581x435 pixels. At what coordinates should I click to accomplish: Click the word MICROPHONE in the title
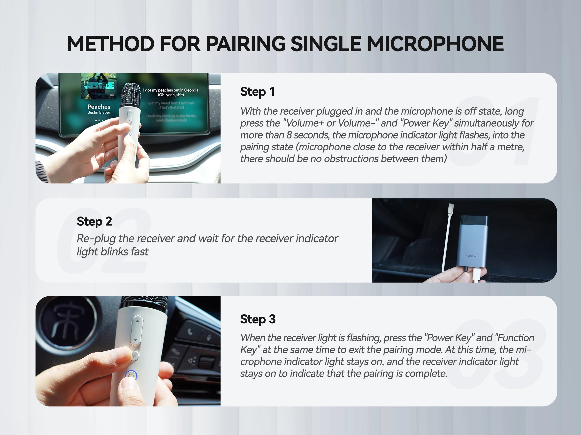[435, 44]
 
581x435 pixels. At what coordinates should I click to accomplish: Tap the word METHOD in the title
[111, 44]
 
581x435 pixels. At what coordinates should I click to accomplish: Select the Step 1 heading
[257, 92]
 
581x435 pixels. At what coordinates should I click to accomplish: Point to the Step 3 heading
[258, 319]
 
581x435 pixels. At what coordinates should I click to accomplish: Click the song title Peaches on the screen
[99, 107]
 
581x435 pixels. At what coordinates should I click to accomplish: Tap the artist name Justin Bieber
[99, 112]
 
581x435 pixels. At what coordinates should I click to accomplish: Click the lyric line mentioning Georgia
[171, 90]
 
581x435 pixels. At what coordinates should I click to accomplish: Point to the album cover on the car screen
[99, 86]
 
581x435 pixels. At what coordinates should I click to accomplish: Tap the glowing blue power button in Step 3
[131, 376]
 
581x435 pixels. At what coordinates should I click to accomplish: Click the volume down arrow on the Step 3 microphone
[136, 340]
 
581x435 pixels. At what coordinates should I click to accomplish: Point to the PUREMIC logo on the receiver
[471, 256]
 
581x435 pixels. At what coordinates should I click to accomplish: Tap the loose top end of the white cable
[451, 207]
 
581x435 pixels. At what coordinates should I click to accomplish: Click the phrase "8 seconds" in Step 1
[307, 135]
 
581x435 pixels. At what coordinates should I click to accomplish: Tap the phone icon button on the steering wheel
[190, 332]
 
